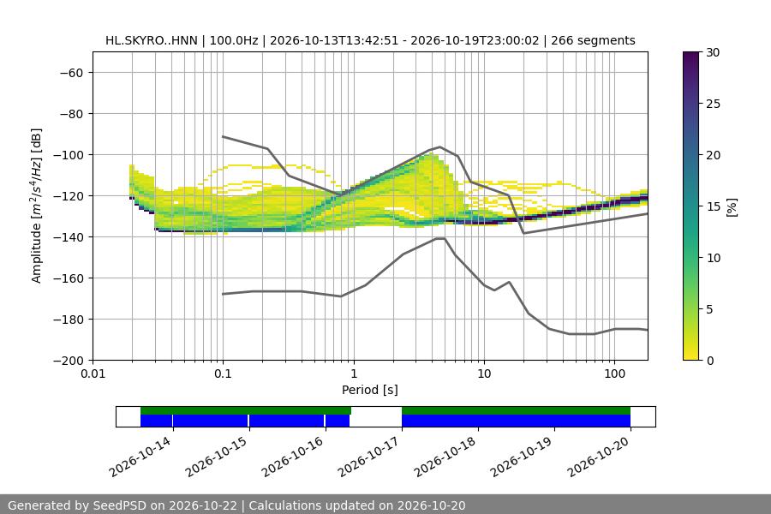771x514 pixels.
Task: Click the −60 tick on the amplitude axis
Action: (71, 73)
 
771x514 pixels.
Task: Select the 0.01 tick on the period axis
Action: (93, 374)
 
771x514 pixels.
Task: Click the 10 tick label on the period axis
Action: (484, 374)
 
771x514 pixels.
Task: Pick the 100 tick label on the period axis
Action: (614, 374)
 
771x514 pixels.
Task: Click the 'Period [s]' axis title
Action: (370, 390)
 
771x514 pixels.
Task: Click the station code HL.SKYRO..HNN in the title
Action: (152, 40)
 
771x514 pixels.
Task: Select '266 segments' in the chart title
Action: (593, 40)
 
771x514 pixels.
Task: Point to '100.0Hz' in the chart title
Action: (234, 40)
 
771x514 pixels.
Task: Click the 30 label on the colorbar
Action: (713, 52)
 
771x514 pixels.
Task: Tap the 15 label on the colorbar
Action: (713, 206)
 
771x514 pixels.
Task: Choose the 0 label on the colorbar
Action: (710, 361)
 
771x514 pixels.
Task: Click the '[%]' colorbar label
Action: (732, 206)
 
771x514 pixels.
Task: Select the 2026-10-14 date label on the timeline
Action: (140, 457)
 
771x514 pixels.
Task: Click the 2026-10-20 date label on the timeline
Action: (599, 457)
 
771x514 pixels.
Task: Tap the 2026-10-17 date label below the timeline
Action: (369, 457)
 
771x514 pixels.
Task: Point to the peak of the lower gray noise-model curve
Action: (440, 238)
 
